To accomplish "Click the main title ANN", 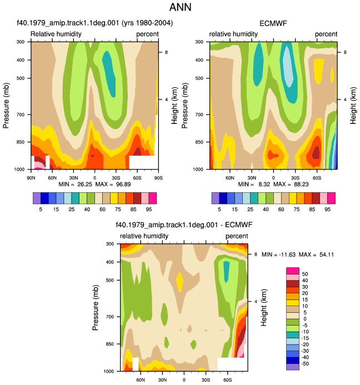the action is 180,7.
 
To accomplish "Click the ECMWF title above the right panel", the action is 273,23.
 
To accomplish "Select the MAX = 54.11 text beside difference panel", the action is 316,254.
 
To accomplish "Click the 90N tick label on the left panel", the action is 31,178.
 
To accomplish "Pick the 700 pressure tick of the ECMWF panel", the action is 199,114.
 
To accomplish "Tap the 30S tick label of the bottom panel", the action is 206,380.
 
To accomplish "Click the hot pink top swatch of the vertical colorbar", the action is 293,271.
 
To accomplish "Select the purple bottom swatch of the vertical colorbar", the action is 293,367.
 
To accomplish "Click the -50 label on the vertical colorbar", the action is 305,364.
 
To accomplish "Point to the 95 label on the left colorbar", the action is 149,209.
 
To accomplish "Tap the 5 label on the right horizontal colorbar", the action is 219,209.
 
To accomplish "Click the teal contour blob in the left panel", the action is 109,73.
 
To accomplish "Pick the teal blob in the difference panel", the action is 226,272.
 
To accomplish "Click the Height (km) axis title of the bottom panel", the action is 264,307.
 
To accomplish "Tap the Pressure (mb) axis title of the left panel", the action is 6,106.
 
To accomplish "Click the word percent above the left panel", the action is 148,34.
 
